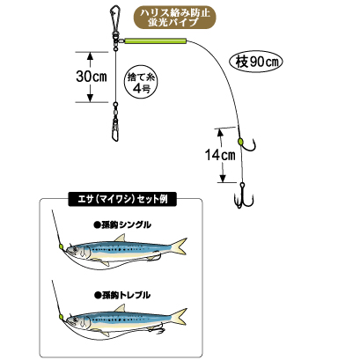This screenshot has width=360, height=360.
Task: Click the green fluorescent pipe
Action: [156, 40]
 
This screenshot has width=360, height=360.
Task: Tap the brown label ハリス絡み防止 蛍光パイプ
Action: [175, 18]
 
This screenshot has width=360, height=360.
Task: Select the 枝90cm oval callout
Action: [255, 62]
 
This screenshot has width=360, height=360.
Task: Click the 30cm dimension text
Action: [92, 77]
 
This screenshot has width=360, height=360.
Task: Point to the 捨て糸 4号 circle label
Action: [141, 81]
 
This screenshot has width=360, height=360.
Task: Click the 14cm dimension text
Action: [220, 155]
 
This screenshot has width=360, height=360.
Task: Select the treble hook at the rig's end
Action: [243, 195]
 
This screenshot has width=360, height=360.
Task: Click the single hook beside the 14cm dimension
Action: [248, 143]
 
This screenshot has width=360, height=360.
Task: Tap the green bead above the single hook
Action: [240, 142]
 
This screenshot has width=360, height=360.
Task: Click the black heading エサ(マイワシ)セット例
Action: [122, 200]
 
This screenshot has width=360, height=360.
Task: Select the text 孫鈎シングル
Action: [122, 225]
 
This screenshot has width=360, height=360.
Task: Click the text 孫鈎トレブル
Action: [122, 295]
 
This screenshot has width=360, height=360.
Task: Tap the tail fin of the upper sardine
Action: [179, 246]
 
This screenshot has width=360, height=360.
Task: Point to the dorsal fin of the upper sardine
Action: [120, 238]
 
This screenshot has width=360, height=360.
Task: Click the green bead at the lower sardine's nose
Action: [61, 317]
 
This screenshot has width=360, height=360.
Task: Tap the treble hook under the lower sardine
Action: [158, 330]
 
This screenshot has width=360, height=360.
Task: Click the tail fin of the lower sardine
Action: [179, 317]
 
